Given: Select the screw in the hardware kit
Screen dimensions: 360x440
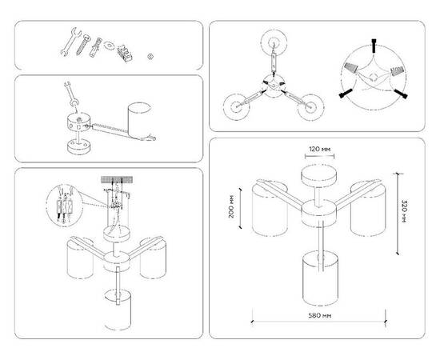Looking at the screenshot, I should point(82,45).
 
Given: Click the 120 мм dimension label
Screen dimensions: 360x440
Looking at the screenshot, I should point(320,150).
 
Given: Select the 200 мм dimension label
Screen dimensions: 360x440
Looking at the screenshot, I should point(230,208).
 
